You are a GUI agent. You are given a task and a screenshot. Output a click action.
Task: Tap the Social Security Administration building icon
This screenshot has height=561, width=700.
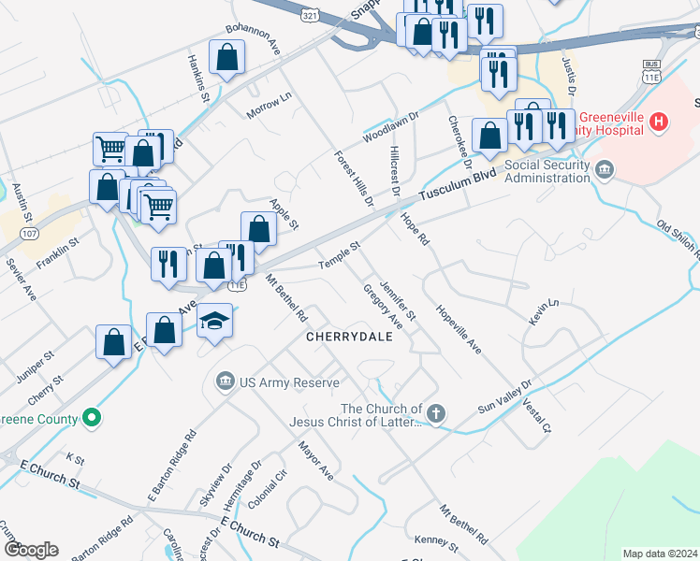(x=605, y=168)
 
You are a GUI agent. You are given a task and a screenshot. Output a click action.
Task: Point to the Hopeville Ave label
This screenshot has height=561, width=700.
(x=459, y=327)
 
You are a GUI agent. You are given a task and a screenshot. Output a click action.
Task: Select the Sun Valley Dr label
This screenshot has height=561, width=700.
(x=504, y=396)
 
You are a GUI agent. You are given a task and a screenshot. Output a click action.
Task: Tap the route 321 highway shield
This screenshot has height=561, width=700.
(x=309, y=16)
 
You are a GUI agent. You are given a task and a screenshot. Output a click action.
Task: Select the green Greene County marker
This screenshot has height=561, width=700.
(x=92, y=417)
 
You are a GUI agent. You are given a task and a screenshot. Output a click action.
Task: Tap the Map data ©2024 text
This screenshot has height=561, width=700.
(x=660, y=554)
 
